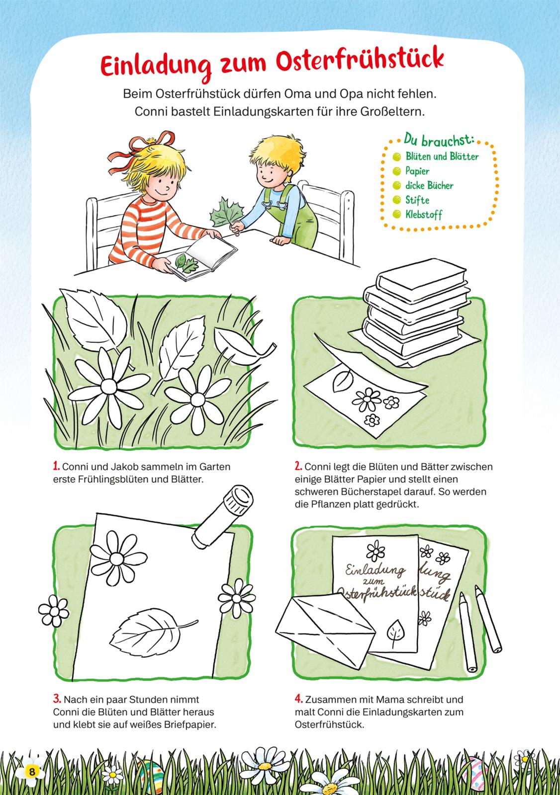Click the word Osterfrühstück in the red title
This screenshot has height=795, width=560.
(360, 60)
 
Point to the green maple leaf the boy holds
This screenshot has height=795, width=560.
(225, 213)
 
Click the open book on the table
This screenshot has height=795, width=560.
(202, 257)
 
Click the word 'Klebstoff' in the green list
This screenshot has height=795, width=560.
(424, 214)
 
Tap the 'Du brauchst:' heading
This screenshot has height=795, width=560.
(439, 140)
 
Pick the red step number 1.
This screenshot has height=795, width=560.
(56, 466)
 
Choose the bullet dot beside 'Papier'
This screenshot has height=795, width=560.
(396, 171)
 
